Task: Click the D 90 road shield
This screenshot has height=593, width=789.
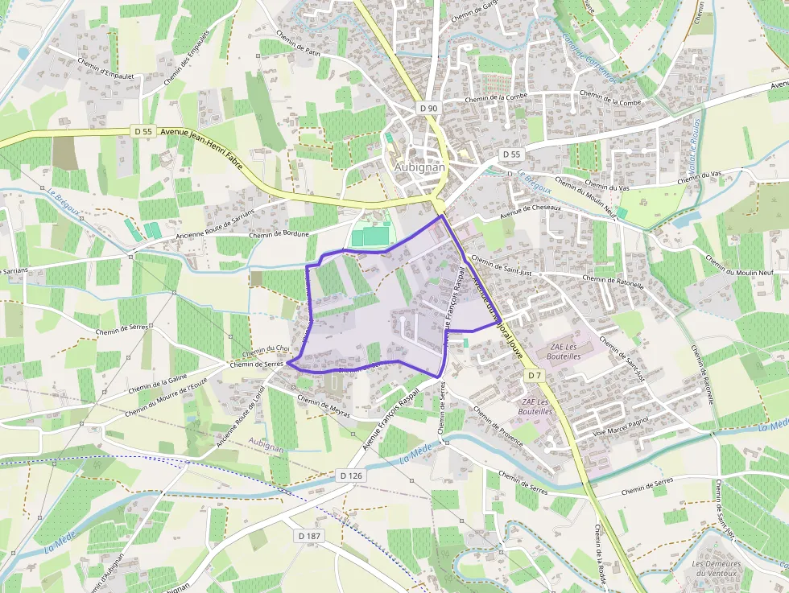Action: pos(429,108)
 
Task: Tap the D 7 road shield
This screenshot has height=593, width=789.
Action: pos(535,376)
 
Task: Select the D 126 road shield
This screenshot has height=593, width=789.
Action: pos(352,476)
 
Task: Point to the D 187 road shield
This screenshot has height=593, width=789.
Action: pos(309,536)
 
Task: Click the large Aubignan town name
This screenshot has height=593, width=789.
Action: pos(419,167)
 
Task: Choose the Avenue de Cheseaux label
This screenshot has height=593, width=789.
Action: pos(531,212)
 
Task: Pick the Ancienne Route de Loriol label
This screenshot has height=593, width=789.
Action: pos(241,417)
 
